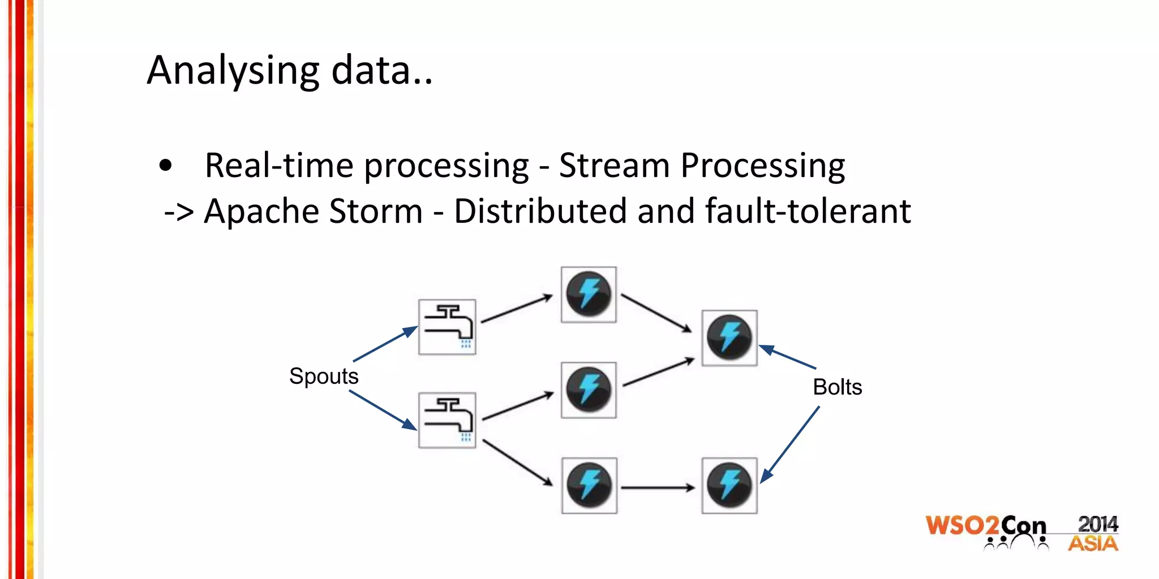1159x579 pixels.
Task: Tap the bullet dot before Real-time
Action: coord(165,166)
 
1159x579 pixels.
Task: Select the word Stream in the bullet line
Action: coord(614,166)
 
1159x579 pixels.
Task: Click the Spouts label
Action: coord(324,376)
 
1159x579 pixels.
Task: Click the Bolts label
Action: coord(837,387)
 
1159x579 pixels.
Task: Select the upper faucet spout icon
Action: coord(447,327)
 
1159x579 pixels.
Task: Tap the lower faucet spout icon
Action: coord(447,420)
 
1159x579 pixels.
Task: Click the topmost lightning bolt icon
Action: coord(589,295)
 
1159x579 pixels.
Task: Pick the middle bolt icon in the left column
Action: coord(589,390)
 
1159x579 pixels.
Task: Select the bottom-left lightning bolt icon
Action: coord(589,486)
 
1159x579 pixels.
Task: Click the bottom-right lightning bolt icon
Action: coord(729,486)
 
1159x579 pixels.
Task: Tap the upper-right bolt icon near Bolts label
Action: coord(729,338)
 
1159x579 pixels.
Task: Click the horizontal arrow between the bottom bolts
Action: coord(658,487)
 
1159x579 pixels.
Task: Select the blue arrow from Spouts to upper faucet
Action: coord(385,344)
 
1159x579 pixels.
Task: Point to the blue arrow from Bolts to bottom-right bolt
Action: coord(790,444)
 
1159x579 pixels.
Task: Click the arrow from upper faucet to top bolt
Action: coord(517,309)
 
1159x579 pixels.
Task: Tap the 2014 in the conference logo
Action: coord(1097,524)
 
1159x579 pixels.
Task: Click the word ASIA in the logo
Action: coord(1093,544)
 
